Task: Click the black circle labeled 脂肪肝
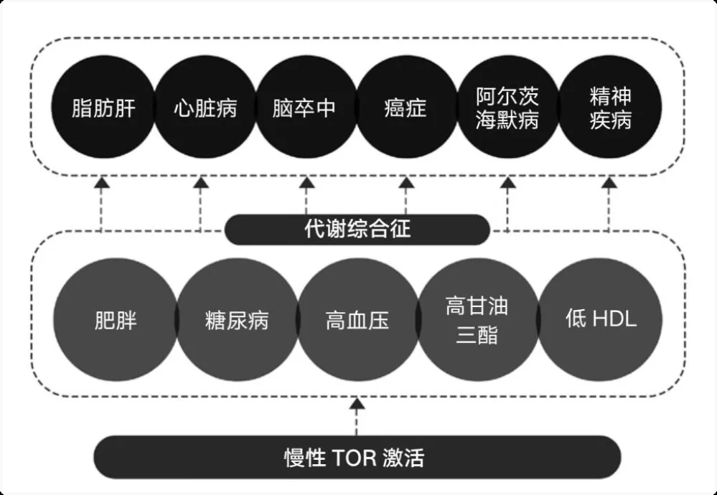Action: pyautogui.click(x=103, y=109)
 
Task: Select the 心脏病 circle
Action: pyautogui.click(x=205, y=109)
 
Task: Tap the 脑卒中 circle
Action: pyautogui.click(x=305, y=109)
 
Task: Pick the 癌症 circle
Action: pyautogui.click(x=406, y=109)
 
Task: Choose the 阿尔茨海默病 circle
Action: pyautogui.click(x=507, y=109)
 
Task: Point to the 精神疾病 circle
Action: pyautogui.click(x=609, y=109)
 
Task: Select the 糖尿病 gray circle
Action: pyautogui.click(x=237, y=319)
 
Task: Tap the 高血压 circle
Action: pyautogui.click(x=357, y=319)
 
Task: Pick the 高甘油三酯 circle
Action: pyautogui.click(x=477, y=319)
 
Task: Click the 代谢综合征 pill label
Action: pyautogui.click(x=357, y=230)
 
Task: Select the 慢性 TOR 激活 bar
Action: pyautogui.click(x=357, y=457)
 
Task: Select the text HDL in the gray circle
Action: pyautogui.click(x=614, y=320)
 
